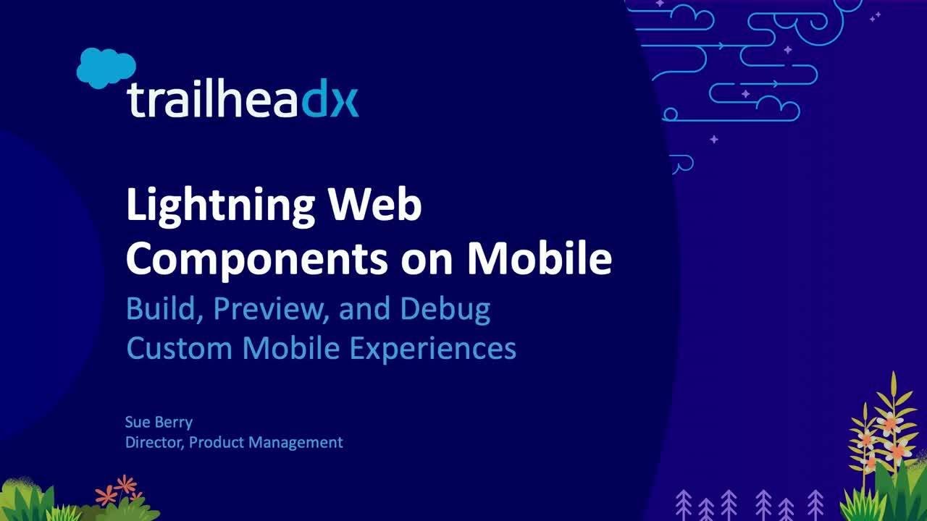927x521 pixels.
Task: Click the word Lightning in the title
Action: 220,207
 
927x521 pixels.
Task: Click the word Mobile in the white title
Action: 539,259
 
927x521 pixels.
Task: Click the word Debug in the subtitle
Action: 445,310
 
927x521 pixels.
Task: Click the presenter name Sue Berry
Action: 159,423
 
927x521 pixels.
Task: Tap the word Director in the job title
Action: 154,441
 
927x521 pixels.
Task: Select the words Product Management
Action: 266,441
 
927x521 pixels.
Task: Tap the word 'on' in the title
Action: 430,259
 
